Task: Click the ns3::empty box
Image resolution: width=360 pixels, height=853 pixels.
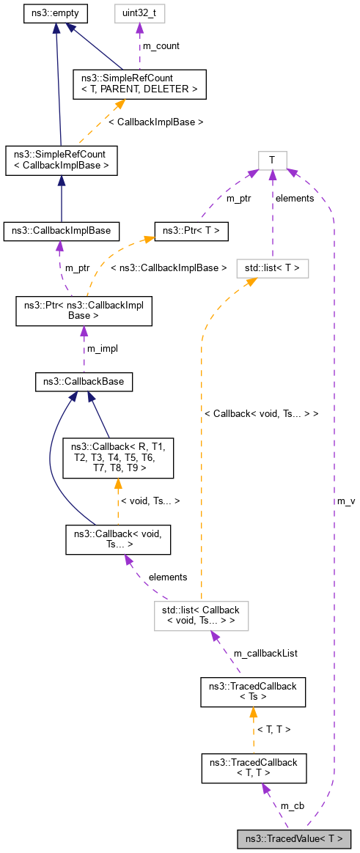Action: tap(56, 13)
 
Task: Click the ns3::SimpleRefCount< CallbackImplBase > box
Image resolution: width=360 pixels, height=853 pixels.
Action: tap(61, 160)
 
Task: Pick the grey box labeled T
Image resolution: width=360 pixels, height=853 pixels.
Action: tap(272, 160)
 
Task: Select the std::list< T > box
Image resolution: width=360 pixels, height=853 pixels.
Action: tap(272, 268)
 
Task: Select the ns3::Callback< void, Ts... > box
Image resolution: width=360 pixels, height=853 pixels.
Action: tap(118, 539)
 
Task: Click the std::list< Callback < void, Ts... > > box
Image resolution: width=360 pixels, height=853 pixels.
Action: tap(201, 615)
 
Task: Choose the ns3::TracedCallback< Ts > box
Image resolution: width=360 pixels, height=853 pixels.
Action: tap(252, 691)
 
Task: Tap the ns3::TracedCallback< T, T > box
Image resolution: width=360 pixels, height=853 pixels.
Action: tap(252, 767)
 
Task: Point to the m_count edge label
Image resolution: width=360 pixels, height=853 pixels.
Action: tap(161, 46)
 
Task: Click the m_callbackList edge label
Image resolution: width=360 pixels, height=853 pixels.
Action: tap(265, 652)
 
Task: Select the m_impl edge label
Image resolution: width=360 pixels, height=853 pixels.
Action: tap(102, 348)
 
